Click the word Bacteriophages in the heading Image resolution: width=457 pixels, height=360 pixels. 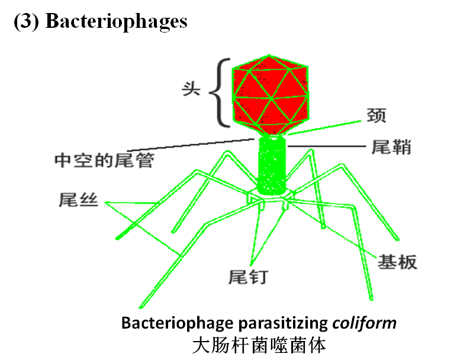[117, 21]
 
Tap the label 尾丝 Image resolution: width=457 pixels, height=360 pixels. [79, 200]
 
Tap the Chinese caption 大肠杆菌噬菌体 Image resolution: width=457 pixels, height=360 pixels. [259, 344]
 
